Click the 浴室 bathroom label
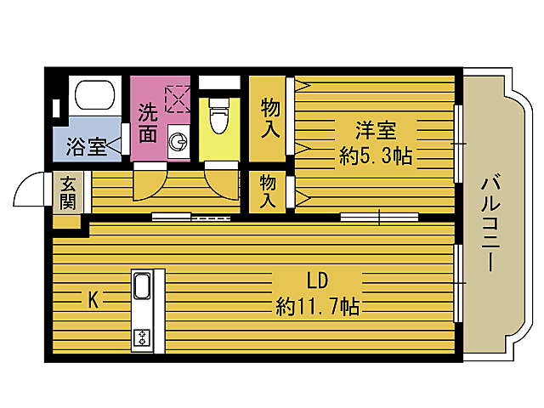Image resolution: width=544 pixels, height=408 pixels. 86,145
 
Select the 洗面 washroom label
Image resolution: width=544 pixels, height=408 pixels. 148,122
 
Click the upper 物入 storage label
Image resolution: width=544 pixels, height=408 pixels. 270,119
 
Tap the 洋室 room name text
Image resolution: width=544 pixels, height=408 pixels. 375,131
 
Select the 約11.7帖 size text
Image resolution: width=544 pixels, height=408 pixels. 317,307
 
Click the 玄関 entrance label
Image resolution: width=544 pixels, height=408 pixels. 66,194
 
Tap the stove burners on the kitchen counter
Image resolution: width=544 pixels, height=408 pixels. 141,337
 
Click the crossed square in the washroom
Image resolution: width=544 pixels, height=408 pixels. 178,99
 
